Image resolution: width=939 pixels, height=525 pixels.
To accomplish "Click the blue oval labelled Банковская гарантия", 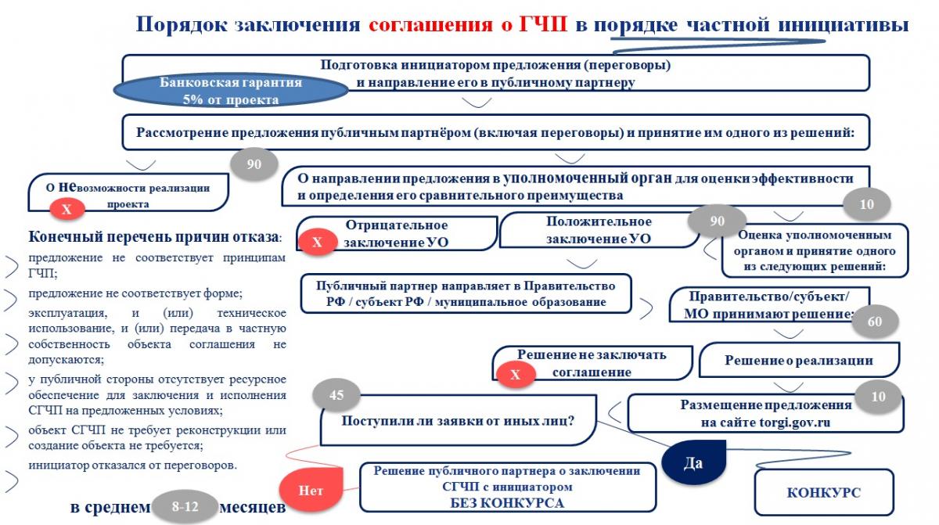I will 231,90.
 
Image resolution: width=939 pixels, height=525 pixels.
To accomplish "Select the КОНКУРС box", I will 823,492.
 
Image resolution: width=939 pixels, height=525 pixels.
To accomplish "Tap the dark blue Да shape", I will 693,462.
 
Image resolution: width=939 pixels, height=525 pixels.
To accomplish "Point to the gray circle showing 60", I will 875,321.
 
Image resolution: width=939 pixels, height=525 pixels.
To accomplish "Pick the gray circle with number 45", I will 336,395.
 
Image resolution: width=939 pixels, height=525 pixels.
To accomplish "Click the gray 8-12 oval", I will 185,507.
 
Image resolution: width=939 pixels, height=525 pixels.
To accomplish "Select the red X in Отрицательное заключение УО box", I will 317,243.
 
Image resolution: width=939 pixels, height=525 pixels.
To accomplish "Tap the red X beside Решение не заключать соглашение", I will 515,375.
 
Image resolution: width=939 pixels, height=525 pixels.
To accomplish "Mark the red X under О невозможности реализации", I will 67,209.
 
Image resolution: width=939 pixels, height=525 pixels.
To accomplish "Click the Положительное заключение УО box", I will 599,230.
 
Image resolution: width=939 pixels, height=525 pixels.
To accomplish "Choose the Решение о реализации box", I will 798,361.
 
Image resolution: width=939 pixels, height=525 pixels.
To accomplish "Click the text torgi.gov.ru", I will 792,423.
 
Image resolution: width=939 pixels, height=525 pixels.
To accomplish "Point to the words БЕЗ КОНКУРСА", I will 507,502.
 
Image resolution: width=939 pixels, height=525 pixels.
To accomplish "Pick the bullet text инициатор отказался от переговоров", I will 133,465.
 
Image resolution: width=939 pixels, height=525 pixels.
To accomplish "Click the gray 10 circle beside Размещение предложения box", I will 878,397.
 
